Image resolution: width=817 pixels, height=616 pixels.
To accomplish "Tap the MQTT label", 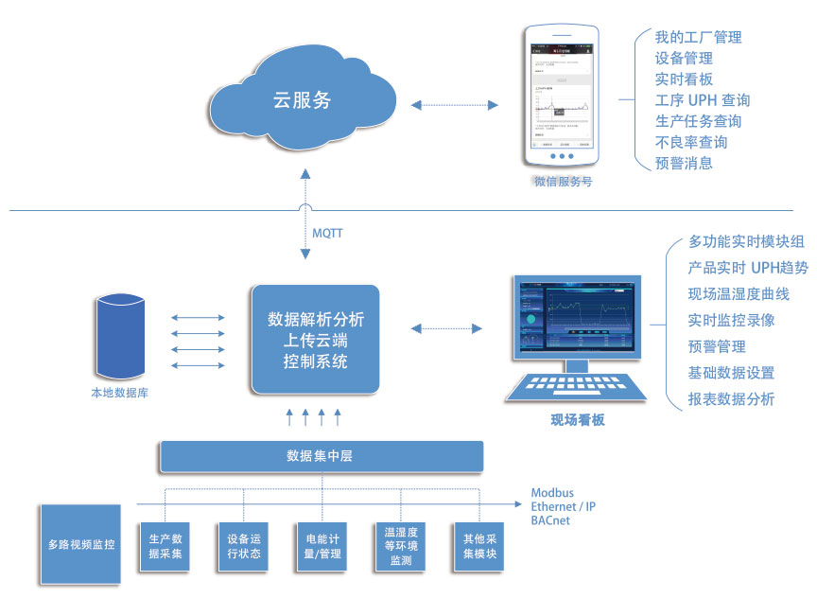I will click(x=327, y=232).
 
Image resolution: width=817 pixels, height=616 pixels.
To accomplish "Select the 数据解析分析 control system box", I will click(x=315, y=340).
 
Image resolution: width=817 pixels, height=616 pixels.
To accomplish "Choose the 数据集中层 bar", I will click(x=321, y=456).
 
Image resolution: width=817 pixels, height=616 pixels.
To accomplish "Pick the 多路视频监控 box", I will click(x=81, y=544).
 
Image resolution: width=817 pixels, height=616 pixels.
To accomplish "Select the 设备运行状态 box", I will click(x=243, y=546).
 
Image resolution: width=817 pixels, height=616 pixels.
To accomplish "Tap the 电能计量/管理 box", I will click(x=322, y=546).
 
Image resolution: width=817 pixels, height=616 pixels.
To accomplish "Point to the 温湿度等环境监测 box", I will click(x=400, y=546).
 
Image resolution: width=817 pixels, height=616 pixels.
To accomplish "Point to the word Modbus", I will click(x=552, y=493).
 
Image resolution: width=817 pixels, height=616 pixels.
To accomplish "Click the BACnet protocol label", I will click(x=550, y=520).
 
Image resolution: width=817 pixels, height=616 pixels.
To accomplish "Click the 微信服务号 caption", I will click(x=563, y=181).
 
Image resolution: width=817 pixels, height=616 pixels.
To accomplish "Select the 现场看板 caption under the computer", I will click(x=577, y=419).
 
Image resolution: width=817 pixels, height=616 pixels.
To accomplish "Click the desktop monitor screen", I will click(x=576, y=317).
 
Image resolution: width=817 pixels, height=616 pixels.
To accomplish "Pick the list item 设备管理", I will click(x=684, y=59).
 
